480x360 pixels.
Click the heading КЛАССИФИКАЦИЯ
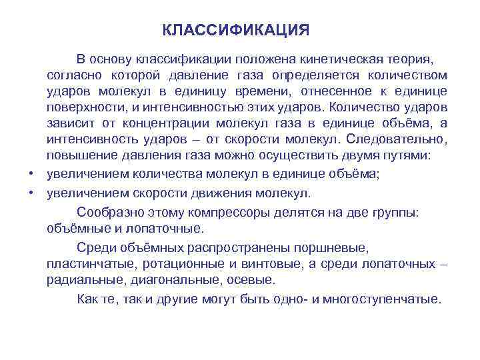click(236, 31)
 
